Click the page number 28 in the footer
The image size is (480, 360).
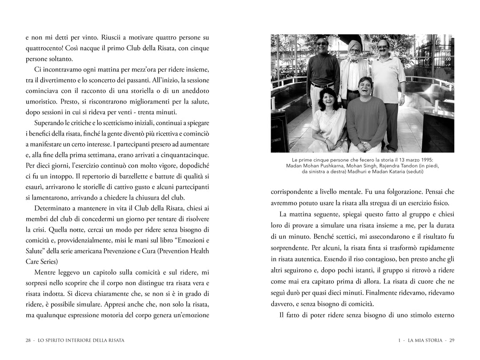click(x=28, y=340)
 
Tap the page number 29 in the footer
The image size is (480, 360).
click(x=452, y=340)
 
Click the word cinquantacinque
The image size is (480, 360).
click(x=181, y=154)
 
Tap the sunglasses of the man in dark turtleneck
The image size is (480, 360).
click(x=321, y=44)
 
